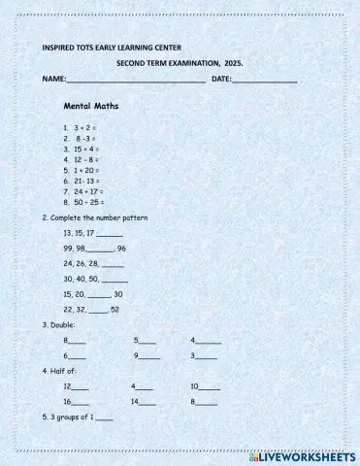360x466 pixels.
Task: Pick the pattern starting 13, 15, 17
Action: coord(92,233)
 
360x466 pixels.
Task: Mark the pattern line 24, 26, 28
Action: coord(92,263)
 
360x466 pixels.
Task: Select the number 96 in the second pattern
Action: coord(121,249)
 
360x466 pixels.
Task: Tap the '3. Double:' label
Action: coord(59,324)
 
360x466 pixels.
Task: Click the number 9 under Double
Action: coord(137,355)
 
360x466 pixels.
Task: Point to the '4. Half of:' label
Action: coord(60,371)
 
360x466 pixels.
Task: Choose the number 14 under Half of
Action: coord(136,401)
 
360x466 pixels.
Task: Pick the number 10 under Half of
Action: coord(195,385)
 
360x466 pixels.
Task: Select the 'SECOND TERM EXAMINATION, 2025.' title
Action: coord(180,61)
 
